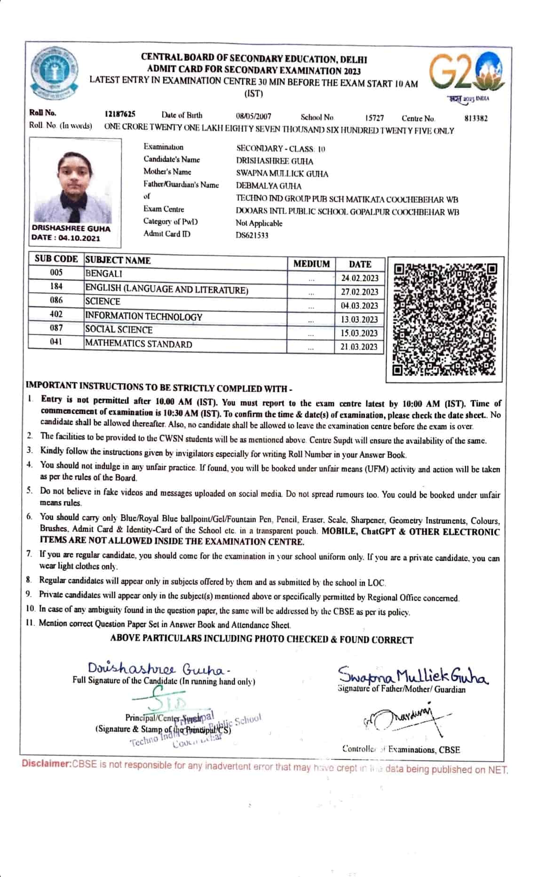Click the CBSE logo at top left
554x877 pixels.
(x=53, y=74)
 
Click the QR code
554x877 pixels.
(x=445, y=319)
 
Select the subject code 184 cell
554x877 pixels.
(x=56, y=286)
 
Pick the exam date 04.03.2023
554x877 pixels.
(x=359, y=306)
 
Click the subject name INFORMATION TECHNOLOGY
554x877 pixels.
(x=143, y=317)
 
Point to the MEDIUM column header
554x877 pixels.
(x=311, y=264)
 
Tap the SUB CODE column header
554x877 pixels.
(x=56, y=259)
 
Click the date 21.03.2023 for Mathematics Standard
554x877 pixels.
(x=359, y=347)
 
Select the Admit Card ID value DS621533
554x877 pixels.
(x=252, y=235)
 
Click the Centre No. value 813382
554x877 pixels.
(x=476, y=119)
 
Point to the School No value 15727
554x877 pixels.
(x=374, y=118)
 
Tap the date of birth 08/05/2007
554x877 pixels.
(x=253, y=116)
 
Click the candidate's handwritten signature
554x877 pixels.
(x=158, y=669)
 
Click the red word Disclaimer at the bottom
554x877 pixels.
(x=45, y=763)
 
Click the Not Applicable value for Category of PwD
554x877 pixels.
(x=259, y=223)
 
